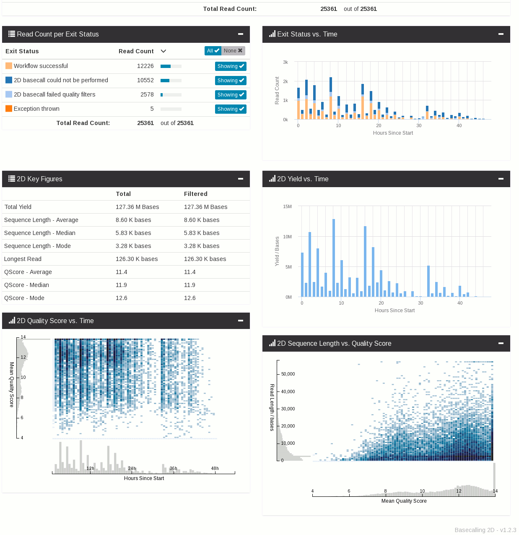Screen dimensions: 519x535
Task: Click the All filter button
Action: click(x=213, y=51)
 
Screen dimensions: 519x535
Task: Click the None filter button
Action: click(x=233, y=51)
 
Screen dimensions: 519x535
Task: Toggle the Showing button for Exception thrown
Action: click(x=231, y=109)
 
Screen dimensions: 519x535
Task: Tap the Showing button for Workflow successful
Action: click(x=231, y=66)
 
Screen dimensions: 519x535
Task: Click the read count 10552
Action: click(x=145, y=80)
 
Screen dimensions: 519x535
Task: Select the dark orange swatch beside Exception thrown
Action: click(x=9, y=109)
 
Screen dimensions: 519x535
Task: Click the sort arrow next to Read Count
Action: click(x=163, y=51)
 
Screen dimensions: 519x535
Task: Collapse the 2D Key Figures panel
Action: click(x=241, y=179)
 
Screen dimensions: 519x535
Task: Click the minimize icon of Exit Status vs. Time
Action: click(x=501, y=34)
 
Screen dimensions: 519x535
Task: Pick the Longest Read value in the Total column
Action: click(x=137, y=259)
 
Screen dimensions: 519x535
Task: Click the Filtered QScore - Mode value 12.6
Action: click(x=190, y=298)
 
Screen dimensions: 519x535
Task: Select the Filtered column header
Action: click(x=195, y=194)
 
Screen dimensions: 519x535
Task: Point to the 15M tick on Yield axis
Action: click(x=287, y=206)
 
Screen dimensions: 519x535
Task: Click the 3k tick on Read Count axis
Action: click(x=285, y=62)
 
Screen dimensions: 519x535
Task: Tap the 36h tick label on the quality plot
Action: click(x=173, y=468)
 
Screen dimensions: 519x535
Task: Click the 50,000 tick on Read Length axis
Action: click(x=288, y=374)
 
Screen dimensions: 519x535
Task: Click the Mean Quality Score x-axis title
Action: click(x=404, y=501)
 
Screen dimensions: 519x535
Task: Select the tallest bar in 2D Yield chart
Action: click(x=334, y=258)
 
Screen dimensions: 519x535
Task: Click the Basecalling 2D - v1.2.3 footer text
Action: click(x=485, y=530)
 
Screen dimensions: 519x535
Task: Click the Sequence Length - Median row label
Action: click(x=40, y=233)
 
